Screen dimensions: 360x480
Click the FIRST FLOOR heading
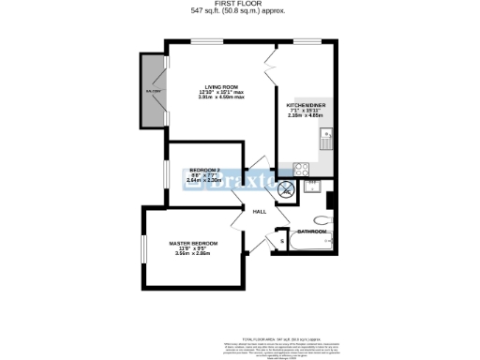pos(239,5)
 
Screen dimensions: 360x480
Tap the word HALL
pos(261,212)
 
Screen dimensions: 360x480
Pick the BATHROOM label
pos(312,231)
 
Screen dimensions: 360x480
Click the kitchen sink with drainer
pos(326,142)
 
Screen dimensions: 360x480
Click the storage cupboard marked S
pos(282,242)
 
